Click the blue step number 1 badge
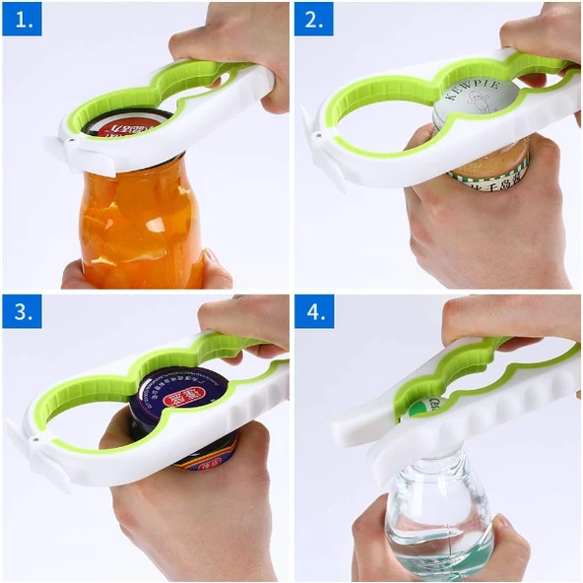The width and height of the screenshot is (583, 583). pos(22,19)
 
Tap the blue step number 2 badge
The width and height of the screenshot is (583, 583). pos(314,19)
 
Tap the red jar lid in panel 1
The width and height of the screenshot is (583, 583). pos(126,126)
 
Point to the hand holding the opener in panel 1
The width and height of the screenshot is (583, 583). pos(231,39)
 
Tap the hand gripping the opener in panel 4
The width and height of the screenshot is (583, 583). pos(512,320)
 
